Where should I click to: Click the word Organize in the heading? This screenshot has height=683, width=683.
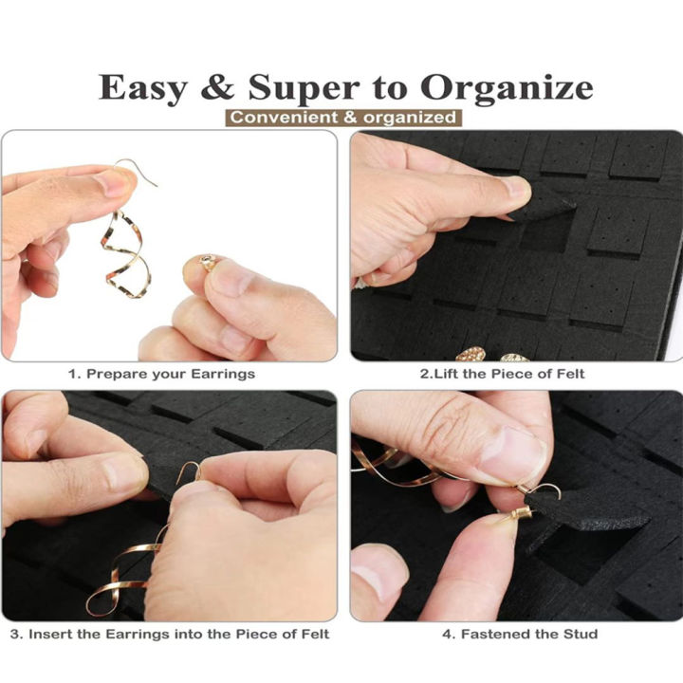[x=507, y=88]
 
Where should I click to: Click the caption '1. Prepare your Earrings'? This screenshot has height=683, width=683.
[x=161, y=374]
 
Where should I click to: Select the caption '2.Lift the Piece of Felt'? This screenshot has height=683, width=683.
[x=515, y=374]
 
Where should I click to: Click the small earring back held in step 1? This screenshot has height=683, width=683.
[x=208, y=262]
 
